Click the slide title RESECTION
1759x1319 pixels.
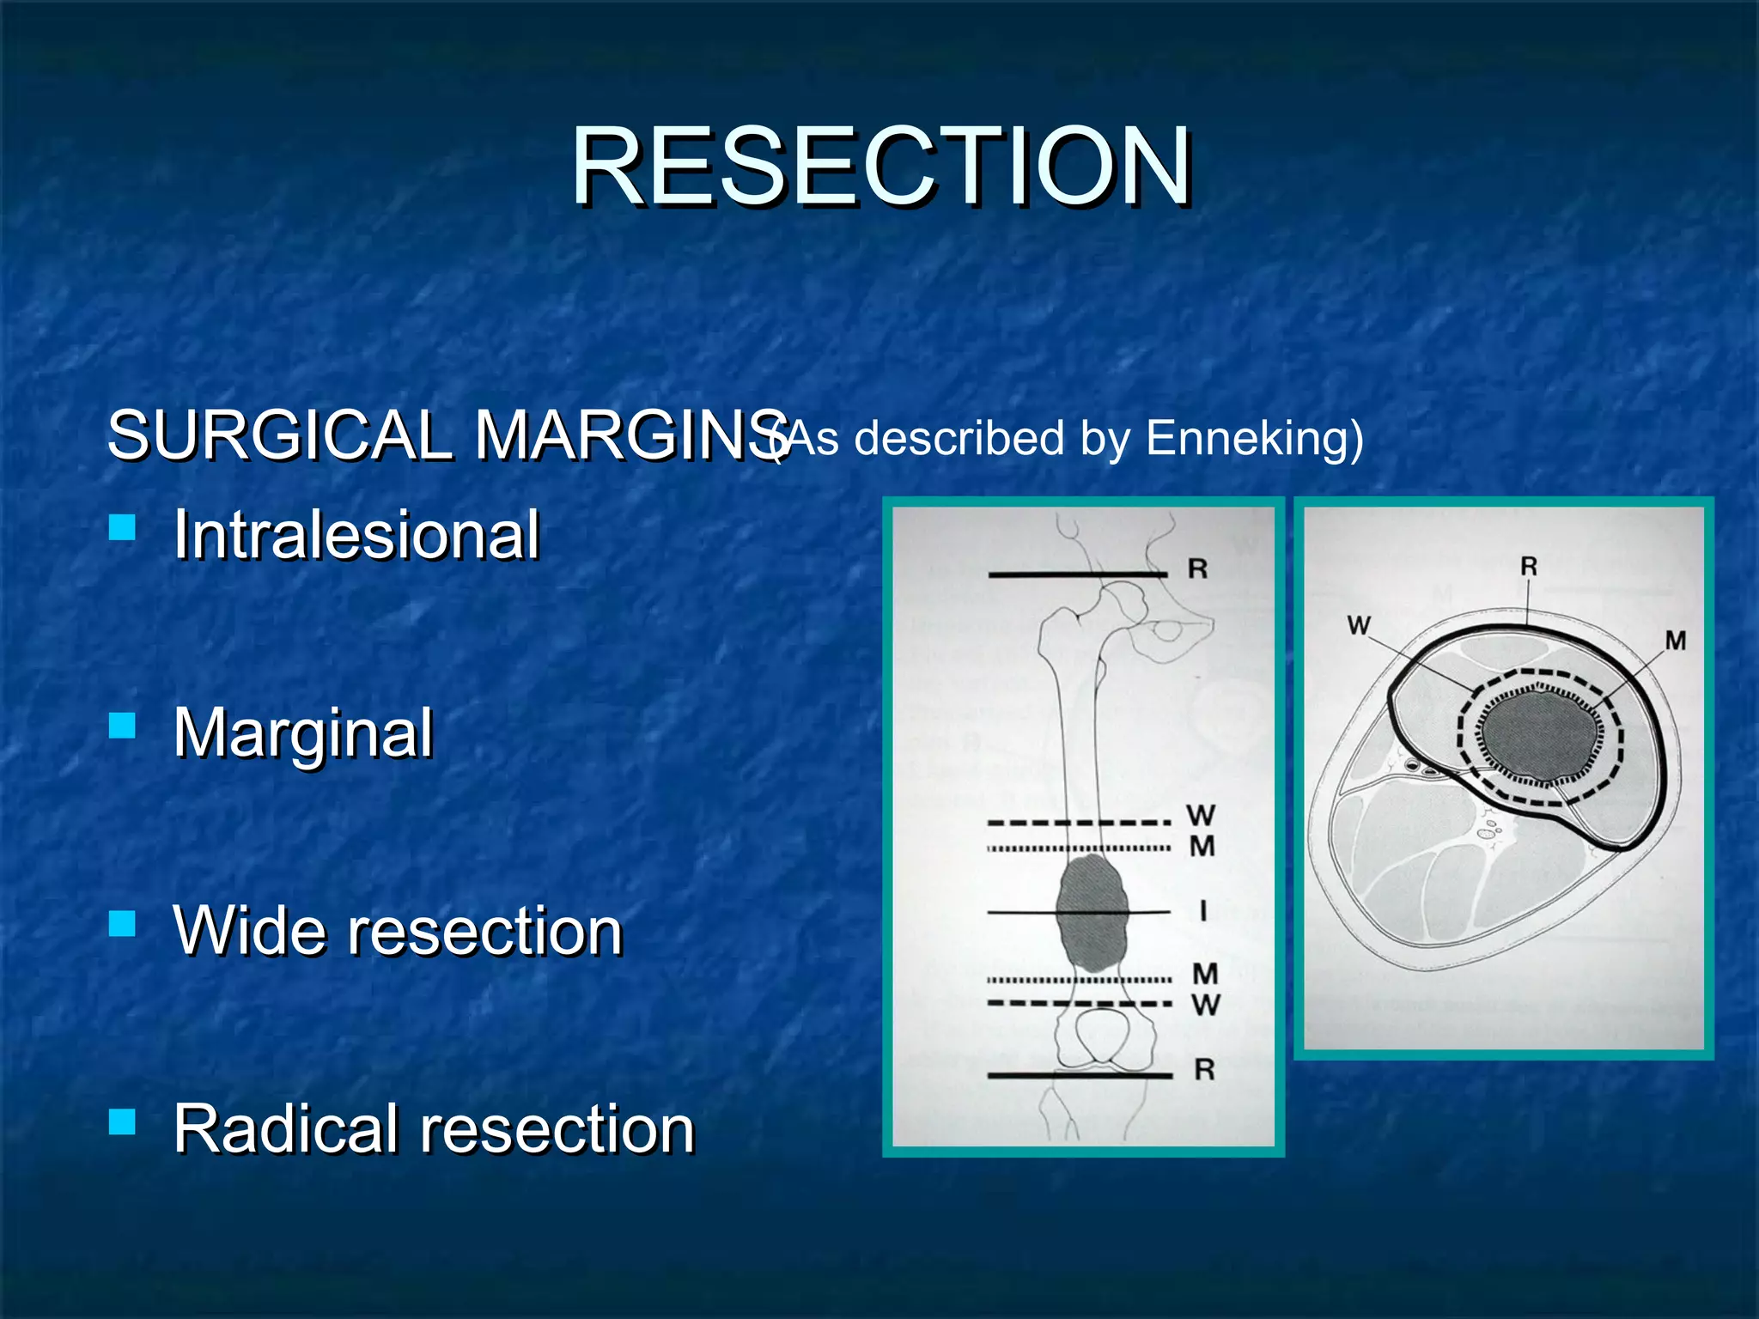tap(881, 167)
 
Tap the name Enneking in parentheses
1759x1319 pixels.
tap(1246, 438)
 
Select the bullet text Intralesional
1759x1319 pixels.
tap(356, 535)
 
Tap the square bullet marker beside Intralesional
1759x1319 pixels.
tap(123, 526)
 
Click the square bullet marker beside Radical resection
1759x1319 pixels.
tap(123, 1121)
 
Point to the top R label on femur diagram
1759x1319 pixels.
tap(1197, 568)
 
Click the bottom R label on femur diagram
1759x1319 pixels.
tap(1204, 1070)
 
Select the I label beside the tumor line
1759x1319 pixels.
tap(1202, 911)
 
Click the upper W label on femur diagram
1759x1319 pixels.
tap(1201, 815)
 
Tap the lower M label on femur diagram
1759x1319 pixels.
tap(1205, 974)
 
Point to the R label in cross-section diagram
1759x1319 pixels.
tap(1529, 567)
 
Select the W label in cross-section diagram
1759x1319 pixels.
tap(1359, 625)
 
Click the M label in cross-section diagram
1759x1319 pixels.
tap(1676, 641)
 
